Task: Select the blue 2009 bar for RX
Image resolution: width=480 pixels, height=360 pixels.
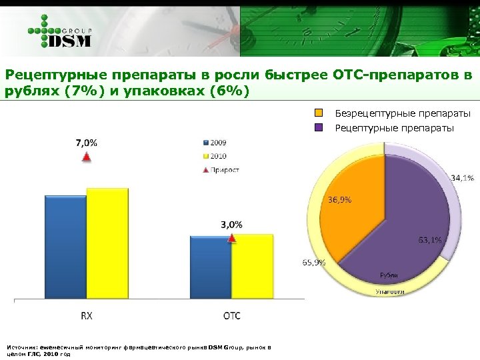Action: (x=65, y=247)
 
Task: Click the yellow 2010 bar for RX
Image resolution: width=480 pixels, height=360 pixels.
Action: (x=107, y=243)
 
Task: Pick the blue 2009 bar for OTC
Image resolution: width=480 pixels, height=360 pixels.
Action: (x=211, y=267)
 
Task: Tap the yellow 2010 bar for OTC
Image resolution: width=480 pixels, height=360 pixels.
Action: (x=252, y=267)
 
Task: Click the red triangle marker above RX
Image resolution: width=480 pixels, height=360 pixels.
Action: (x=85, y=157)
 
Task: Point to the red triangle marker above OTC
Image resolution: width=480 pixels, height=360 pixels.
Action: (x=232, y=238)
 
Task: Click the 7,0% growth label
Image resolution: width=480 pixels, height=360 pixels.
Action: (x=86, y=142)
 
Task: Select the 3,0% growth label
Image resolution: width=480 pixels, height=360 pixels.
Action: (x=232, y=225)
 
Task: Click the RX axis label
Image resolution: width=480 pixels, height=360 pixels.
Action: (x=87, y=316)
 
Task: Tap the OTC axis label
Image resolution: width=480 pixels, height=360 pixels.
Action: (x=232, y=316)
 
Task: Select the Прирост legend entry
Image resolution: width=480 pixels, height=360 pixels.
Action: (x=221, y=169)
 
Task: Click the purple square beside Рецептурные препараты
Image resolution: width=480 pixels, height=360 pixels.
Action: (x=319, y=127)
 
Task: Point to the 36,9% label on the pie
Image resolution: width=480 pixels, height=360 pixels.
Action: (x=339, y=199)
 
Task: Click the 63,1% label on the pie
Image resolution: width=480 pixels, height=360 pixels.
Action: (x=429, y=240)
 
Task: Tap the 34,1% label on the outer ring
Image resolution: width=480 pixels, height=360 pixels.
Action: (x=462, y=178)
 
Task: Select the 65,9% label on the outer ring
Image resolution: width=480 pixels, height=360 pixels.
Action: (x=314, y=262)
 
